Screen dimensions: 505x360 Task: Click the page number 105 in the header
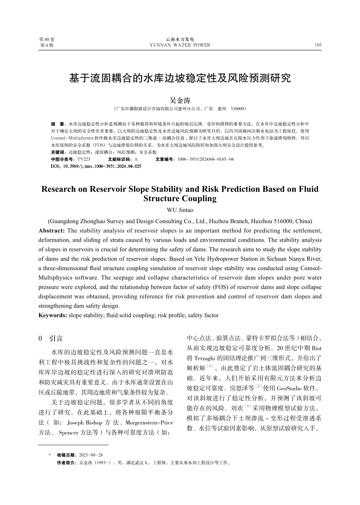coord(318,45)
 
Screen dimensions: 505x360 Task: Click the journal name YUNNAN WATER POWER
coord(180,45)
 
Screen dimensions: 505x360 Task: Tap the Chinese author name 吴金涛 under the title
coord(180,100)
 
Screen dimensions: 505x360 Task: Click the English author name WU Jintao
coord(180,210)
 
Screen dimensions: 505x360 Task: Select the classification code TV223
coord(84,159)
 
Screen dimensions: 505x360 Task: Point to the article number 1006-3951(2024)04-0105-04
coord(205,159)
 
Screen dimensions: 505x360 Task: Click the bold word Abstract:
coord(52,231)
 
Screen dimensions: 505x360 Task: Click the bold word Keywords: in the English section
coord(53,315)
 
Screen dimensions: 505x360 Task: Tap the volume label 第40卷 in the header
coord(47,39)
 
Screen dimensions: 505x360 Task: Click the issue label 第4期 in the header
coord(47,45)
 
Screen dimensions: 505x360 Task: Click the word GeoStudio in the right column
coord(290,388)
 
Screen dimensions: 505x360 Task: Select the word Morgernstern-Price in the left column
coord(149,422)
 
